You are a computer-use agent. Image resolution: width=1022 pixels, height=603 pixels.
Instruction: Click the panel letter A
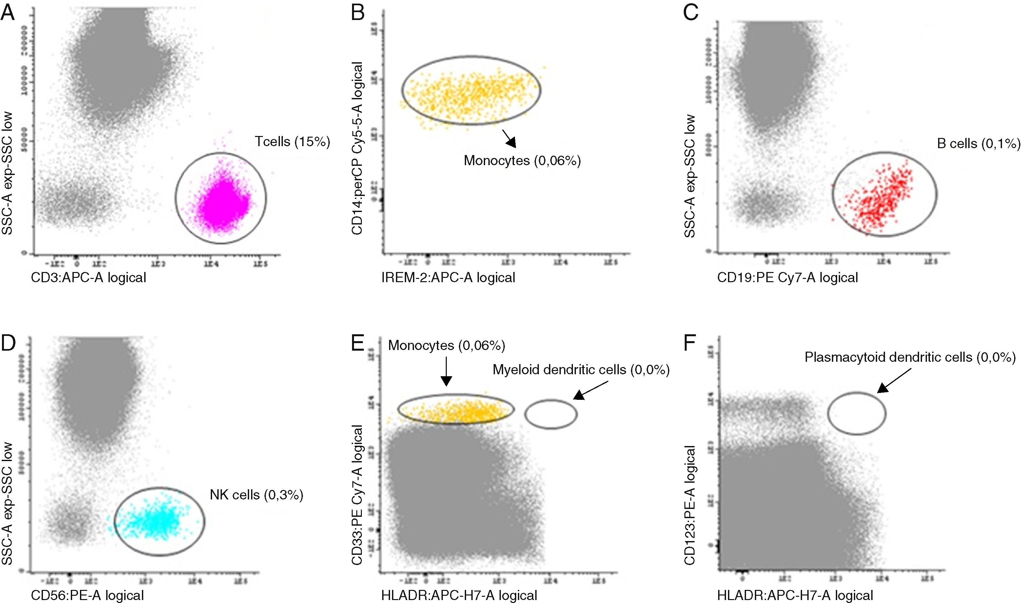click(x=8, y=13)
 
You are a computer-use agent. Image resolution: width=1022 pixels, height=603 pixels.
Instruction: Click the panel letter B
click(x=358, y=13)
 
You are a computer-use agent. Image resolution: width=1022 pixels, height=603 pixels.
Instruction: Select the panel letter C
click(x=691, y=13)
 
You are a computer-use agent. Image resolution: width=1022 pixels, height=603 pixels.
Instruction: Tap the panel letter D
click(x=8, y=343)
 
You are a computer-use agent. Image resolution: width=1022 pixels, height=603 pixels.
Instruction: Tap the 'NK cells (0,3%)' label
click(x=256, y=495)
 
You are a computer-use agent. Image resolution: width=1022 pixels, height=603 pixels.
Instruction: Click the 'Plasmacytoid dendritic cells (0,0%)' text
click(x=910, y=357)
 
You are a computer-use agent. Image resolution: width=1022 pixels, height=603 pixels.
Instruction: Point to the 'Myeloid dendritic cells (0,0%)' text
click(x=581, y=369)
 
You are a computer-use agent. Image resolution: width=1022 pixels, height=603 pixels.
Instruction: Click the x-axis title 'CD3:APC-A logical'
click(x=88, y=278)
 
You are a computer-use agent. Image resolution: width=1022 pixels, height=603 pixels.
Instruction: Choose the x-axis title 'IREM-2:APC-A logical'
click(x=448, y=278)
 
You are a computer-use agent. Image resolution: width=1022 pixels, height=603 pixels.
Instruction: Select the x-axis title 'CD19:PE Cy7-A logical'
click(x=788, y=278)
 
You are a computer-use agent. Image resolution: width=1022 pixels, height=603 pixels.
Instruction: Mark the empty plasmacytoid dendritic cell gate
click(x=856, y=413)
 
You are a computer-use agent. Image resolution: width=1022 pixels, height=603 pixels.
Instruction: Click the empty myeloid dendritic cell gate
click(x=551, y=414)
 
